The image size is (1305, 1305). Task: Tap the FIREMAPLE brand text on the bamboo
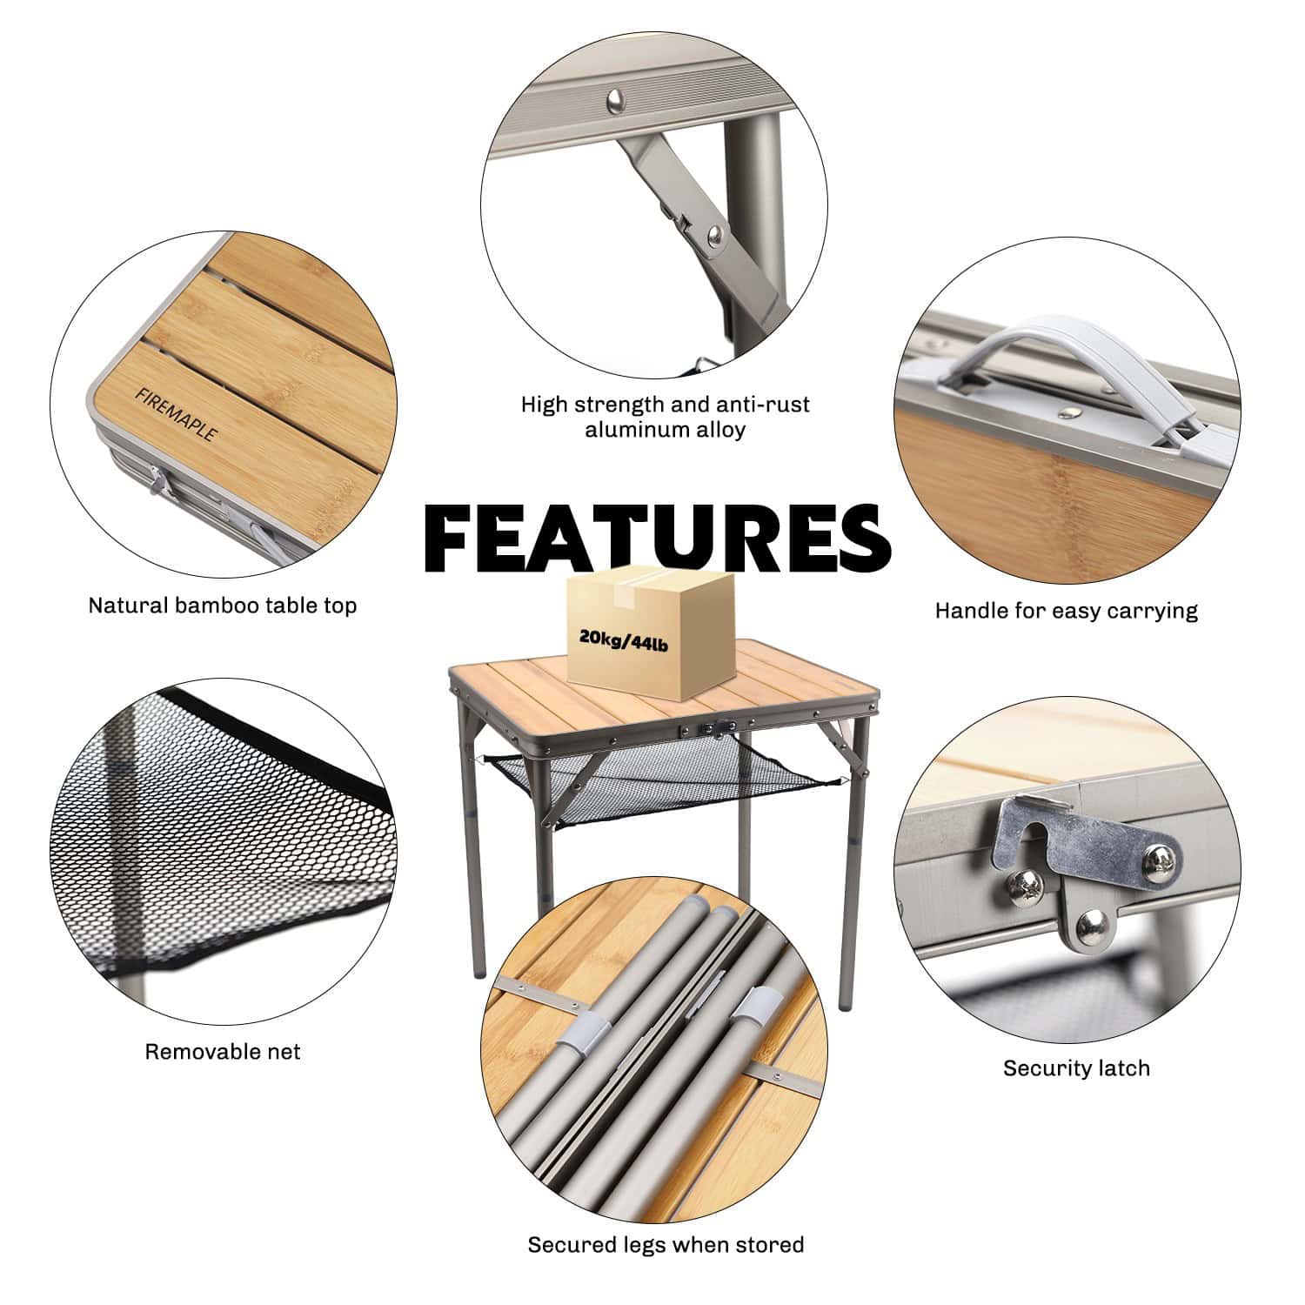click(x=175, y=414)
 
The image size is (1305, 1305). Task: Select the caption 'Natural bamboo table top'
click(x=223, y=606)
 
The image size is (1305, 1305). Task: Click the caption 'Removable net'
click(x=223, y=1051)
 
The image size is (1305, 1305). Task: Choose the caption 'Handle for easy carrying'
click(x=1066, y=611)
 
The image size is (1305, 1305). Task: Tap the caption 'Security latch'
click(x=1076, y=1067)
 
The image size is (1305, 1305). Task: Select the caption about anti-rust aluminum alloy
click(x=666, y=417)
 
